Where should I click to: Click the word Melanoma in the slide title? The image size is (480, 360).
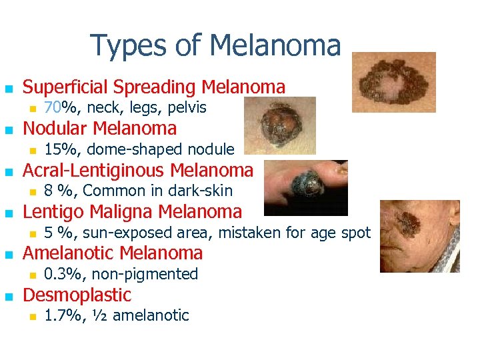click(275, 45)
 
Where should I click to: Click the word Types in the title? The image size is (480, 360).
click(129, 45)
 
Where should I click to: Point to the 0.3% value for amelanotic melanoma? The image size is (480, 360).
click(65, 274)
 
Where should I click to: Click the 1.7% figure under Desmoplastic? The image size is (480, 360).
click(65, 315)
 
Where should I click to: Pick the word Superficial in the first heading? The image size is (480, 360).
click(65, 87)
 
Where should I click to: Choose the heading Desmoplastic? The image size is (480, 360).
click(77, 295)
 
